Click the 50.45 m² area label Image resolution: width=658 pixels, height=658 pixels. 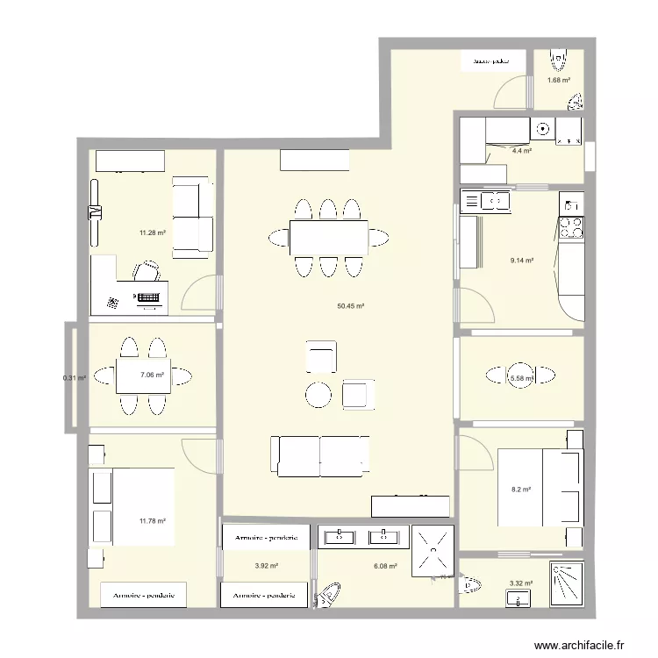[x=350, y=307]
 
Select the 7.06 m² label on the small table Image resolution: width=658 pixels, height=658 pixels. [x=152, y=375]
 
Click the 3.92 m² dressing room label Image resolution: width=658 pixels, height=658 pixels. [x=266, y=567]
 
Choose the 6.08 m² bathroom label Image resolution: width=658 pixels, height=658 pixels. [x=384, y=567]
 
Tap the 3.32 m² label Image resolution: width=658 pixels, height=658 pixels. [x=521, y=583]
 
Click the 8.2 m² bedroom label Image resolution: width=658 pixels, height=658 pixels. [x=521, y=490]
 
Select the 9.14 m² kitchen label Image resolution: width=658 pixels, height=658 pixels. [x=522, y=260]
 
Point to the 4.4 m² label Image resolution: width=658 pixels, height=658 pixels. [x=522, y=151]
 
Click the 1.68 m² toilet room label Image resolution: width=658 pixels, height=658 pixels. [x=558, y=81]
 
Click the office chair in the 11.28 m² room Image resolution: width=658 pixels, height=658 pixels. [x=147, y=271]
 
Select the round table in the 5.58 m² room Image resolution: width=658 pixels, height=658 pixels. [x=522, y=375]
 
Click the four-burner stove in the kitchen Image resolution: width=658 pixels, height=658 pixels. [x=572, y=227]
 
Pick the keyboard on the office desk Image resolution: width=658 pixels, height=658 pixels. [x=150, y=299]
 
